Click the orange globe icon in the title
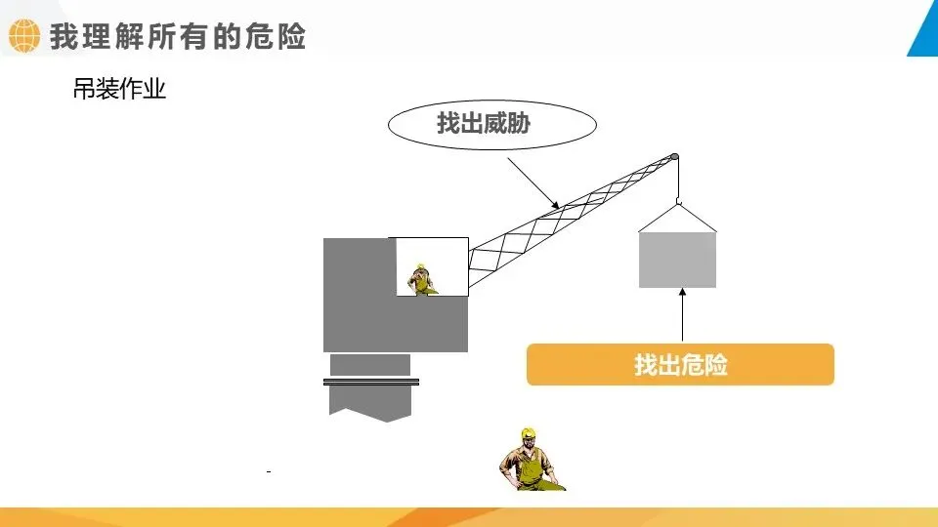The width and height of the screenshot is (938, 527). (x=22, y=37)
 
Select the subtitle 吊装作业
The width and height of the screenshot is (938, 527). (x=119, y=91)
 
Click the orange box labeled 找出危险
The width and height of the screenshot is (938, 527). (x=680, y=365)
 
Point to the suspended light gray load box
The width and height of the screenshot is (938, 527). (x=677, y=260)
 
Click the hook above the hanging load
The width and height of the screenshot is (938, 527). (x=677, y=204)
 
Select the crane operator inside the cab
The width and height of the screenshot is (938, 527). (x=421, y=279)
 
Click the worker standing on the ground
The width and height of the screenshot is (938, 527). (x=532, y=461)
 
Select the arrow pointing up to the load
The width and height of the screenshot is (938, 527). (x=681, y=316)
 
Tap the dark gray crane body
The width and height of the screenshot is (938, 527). (x=362, y=303)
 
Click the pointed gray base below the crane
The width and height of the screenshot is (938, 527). (x=370, y=404)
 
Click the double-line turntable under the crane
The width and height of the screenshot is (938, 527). (x=371, y=382)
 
